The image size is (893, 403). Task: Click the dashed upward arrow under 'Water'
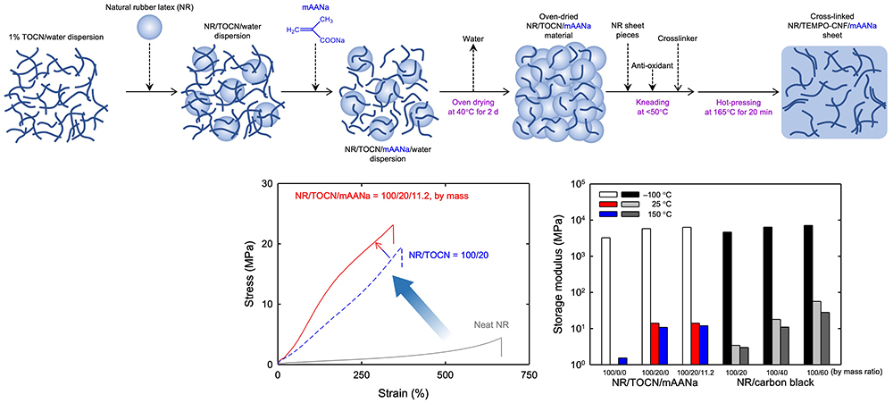click(473, 69)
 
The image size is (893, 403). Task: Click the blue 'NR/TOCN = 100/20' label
click(455, 255)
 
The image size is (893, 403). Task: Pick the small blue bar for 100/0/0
click(622, 360)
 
